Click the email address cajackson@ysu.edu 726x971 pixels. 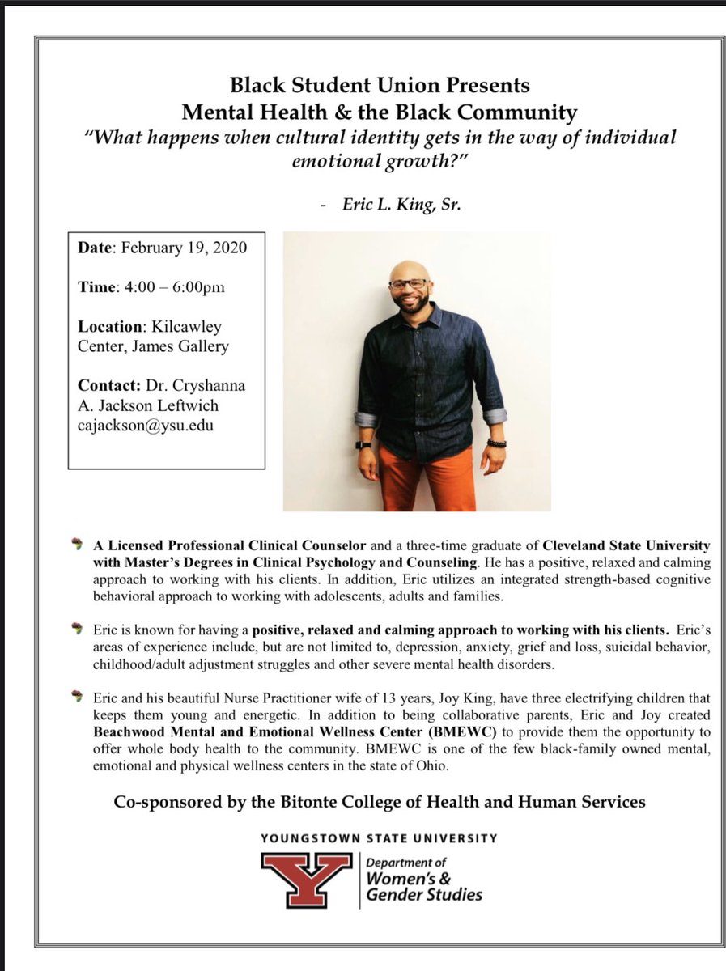146,424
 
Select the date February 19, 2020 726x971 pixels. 185,248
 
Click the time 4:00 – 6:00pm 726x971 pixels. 176,287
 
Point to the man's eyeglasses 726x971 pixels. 410,284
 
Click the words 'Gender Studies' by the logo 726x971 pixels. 425,894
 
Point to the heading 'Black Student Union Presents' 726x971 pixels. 380,84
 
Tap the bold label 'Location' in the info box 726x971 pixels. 109,327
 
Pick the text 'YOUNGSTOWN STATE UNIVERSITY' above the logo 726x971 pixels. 380,838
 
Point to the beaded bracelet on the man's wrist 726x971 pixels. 496,443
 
